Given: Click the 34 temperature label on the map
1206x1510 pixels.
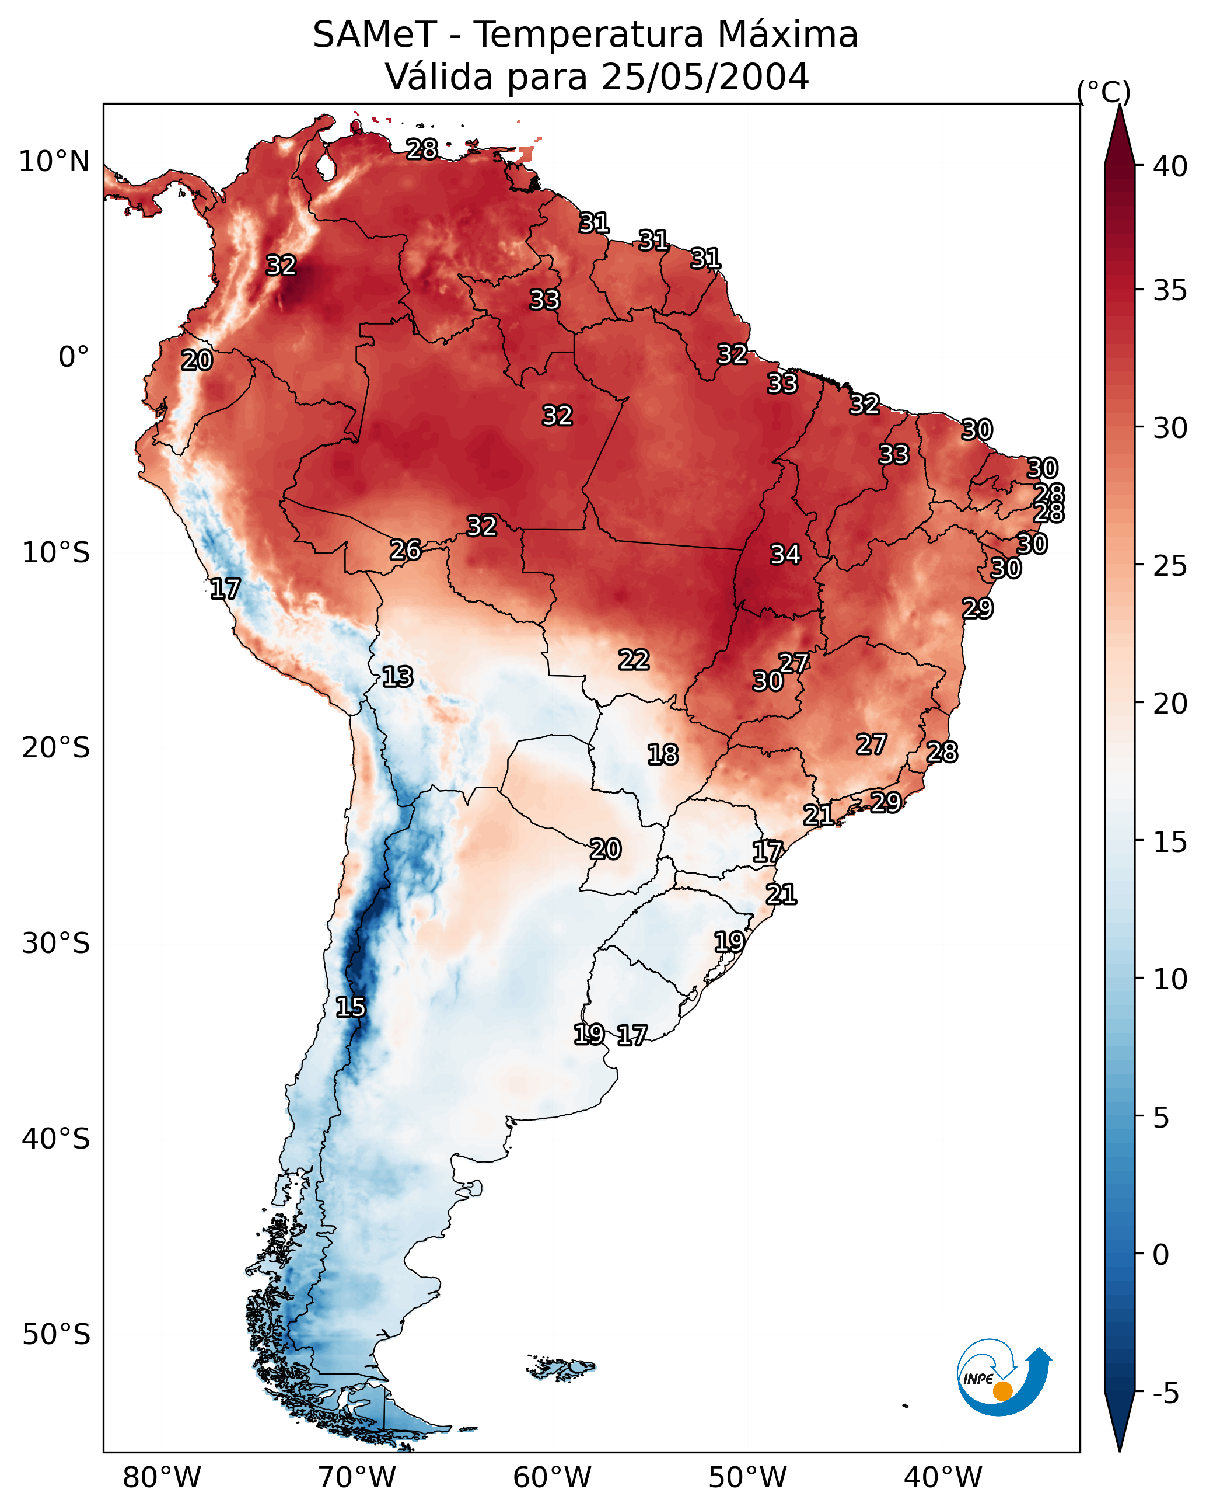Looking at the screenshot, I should coord(785,555).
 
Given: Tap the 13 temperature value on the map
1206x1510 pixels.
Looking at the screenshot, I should coord(397,677).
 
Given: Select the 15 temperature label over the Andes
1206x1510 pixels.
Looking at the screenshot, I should coord(350,1007).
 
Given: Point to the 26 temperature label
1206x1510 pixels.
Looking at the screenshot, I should coord(406,550).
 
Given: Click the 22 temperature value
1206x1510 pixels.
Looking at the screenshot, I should coord(634,659).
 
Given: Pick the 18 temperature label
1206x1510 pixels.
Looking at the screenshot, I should coord(662,754).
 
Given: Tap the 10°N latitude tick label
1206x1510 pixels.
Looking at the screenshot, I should coord(54,162).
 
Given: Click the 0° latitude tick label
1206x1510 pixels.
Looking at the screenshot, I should coord(74,357).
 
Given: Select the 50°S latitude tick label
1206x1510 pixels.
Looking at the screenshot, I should coord(56,1335).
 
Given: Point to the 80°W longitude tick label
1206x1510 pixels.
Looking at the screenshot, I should coord(162,1477).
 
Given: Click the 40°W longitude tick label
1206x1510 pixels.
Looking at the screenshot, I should coord(943,1477).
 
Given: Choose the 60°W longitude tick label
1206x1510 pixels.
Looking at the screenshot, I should coord(553,1477).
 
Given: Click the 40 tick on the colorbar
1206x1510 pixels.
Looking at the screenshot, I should coord(1170,166).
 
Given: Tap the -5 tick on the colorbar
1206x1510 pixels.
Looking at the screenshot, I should coord(1165,1394).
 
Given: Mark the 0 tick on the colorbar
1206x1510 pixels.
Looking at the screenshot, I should coord(1160,1255).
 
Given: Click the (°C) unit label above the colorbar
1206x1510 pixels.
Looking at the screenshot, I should coord(1104,92).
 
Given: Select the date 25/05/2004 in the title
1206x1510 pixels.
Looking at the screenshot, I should coord(704,77).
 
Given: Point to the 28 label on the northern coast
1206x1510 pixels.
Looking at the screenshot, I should coord(422,149).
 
